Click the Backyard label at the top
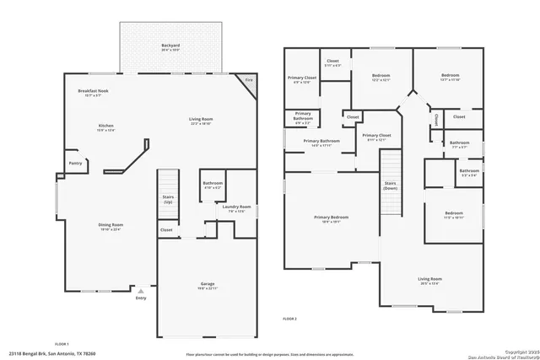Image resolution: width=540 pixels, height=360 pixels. [x=170, y=46]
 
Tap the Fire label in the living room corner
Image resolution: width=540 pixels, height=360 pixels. [x=248, y=81]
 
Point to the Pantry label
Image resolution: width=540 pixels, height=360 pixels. [x=75, y=164]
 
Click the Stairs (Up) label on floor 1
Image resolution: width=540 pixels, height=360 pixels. [x=168, y=200]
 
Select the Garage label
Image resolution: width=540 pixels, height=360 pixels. [x=208, y=286]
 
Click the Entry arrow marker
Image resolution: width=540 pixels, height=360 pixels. [x=141, y=291]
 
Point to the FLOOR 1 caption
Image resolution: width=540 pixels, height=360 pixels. [x=62, y=344]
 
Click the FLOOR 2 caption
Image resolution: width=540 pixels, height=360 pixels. [x=290, y=319]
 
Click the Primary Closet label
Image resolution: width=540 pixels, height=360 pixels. [x=376, y=136]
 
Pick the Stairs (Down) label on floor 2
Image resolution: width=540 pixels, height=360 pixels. [x=390, y=185]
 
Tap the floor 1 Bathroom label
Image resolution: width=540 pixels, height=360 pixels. [x=213, y=185]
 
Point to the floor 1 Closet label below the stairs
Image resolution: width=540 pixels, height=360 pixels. [x=166, y=229]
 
